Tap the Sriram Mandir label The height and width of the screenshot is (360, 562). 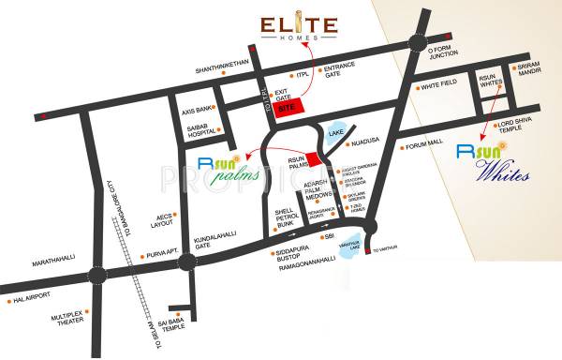pos(531,68)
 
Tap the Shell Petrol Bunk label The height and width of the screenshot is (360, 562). pos(284,217)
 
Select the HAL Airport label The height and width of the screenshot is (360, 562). pos(29,301)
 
